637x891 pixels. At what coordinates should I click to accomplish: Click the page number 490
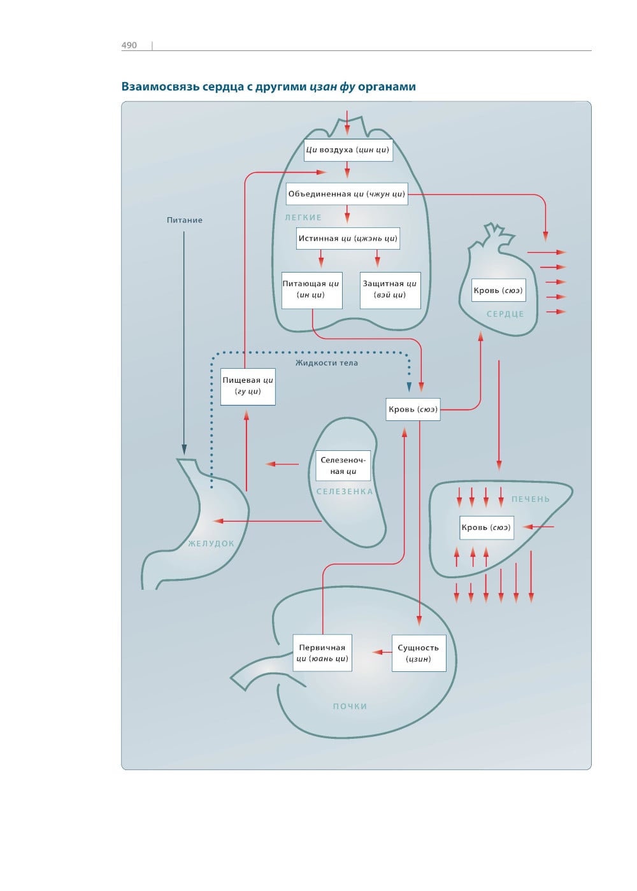click(x=129, y=45)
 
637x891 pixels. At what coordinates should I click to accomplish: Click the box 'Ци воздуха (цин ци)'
click(x=347, y=150)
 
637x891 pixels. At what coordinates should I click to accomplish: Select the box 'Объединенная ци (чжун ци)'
click(x=347, y=194)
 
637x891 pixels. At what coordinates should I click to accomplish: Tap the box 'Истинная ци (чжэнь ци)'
click(x=348, y=239)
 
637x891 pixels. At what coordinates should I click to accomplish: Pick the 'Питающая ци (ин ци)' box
click(x=311, y=290)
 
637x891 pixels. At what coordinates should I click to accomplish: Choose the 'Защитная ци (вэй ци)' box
click(x=390, y=290)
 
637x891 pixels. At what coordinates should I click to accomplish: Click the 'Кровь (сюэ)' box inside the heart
click(x=498, y=290)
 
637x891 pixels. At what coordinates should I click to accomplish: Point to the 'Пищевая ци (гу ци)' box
click(x=248, y=386)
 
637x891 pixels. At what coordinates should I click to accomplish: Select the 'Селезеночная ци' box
click(x=343, y=466)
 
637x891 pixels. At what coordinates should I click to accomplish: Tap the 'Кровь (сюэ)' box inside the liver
click(x=486, y=527)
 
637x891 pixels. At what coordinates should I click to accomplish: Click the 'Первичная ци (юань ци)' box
click(x=322, y=653)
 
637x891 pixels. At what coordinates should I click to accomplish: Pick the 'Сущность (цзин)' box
click(x=419, y=653)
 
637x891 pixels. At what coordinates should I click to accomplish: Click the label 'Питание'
click(x=185, y=220)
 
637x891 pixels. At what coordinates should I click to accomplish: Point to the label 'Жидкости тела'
click(x=327, y=363)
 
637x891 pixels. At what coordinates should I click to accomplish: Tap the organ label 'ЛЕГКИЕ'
click(x=303, y=218)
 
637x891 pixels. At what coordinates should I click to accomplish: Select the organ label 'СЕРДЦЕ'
click(x=505, y=314)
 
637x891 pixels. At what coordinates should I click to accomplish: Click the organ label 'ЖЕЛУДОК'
click(x=211, y=544)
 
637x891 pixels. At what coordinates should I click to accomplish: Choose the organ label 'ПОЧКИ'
click(x=350, y=706)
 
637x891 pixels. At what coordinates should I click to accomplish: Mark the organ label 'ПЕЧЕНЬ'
click(x=531, y=499)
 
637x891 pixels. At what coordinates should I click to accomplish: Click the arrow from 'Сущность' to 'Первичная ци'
click(x=382, y=652)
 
